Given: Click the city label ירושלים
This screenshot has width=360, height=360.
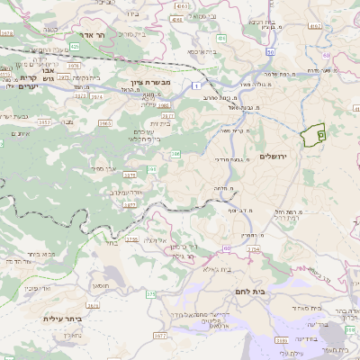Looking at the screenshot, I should [x=270, y=157].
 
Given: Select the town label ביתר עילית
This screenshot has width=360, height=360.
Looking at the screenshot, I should [x=62, y=318].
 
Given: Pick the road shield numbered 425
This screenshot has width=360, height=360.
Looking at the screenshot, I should [x=74, y=45].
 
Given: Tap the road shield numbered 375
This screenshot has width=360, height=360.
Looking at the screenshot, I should [x=151, y=294].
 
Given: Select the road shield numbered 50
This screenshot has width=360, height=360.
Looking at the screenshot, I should [x=227, y=247].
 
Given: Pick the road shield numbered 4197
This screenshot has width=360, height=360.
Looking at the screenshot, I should [x=315, y=27].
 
